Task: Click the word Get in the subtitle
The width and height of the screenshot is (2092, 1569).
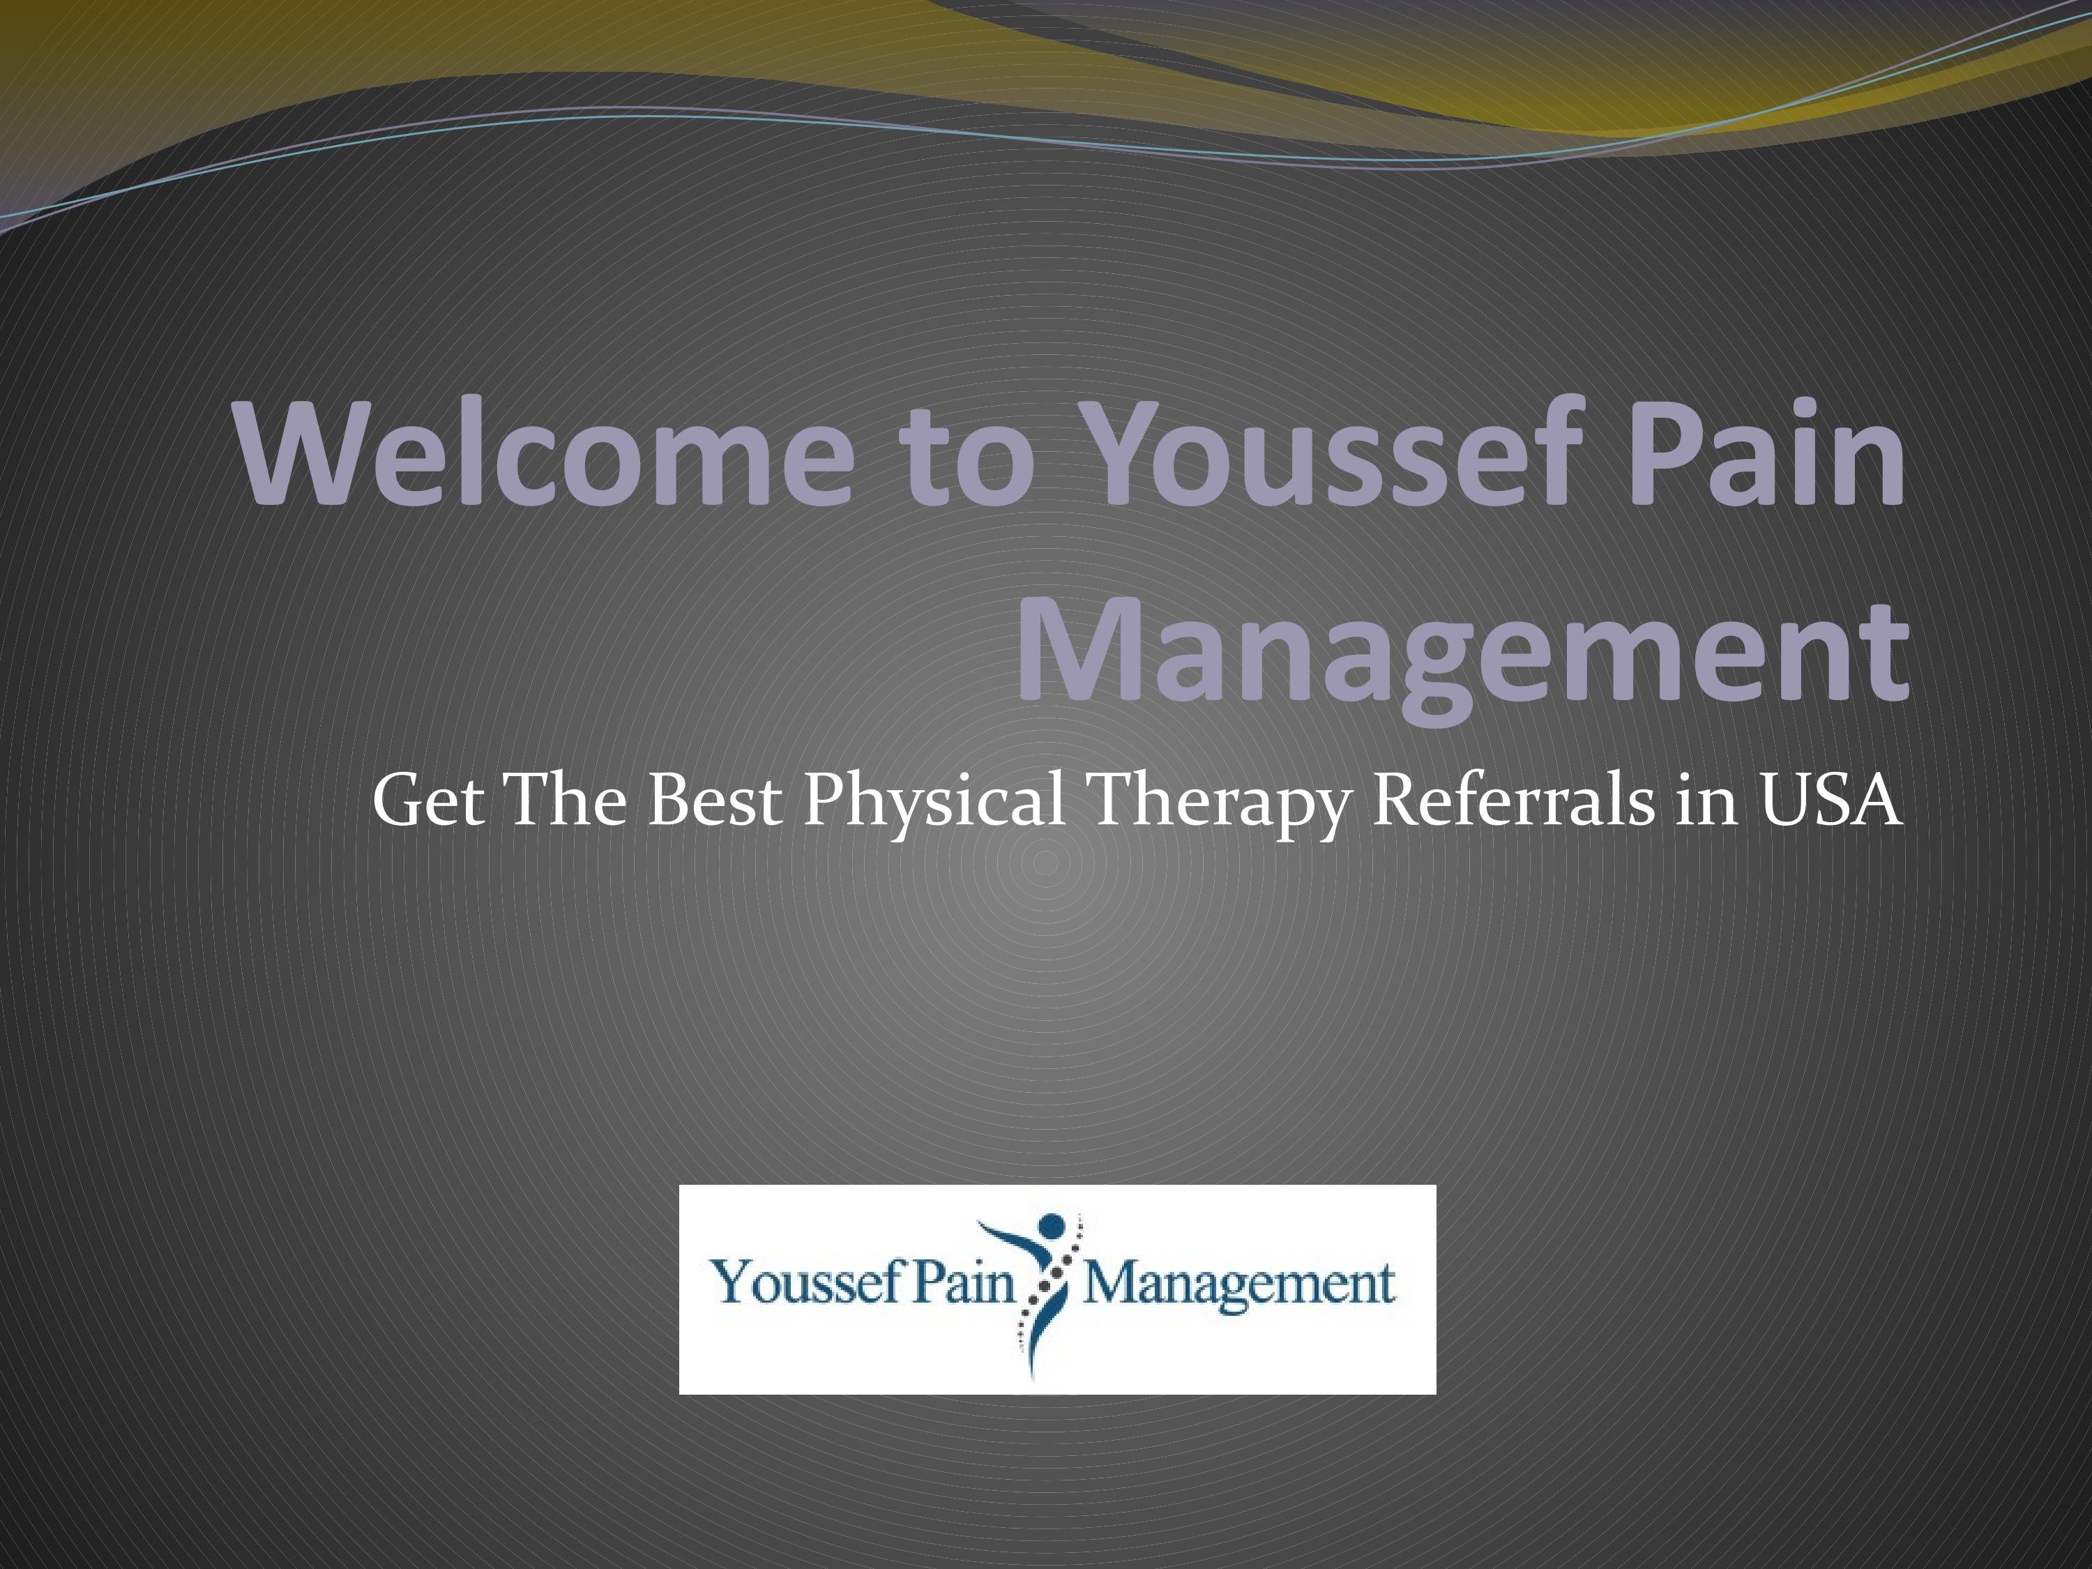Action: [x=428, y=800]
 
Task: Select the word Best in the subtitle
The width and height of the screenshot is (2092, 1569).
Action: [x=714, y=800]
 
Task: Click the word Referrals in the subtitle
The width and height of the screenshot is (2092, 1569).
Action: [x=1513, y=800]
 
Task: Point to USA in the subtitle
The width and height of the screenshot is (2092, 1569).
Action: [x=1829, y=800]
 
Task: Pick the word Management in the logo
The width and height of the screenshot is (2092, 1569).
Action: [x=1238, y=1285]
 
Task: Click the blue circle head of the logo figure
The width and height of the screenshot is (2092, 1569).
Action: [x=1052, y=1227]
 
